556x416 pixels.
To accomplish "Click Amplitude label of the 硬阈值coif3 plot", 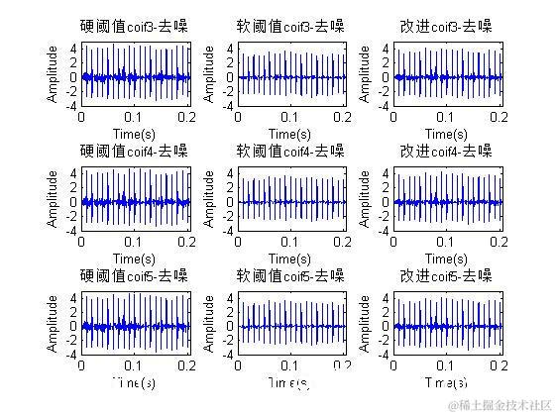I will [53, 75].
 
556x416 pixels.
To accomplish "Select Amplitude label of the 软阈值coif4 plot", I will [209, 200].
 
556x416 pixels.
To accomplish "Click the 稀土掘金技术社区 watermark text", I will [502, 405].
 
